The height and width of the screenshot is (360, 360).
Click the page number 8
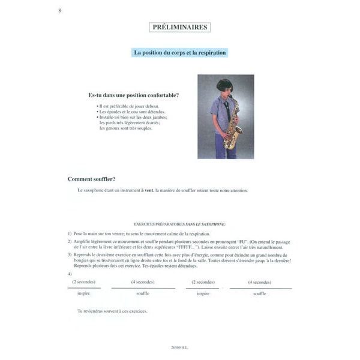59,11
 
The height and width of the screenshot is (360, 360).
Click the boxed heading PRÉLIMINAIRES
179,27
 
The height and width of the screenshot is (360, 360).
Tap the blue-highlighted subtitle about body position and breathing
180,53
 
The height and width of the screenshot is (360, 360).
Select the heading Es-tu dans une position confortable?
133,95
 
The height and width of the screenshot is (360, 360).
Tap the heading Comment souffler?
92,179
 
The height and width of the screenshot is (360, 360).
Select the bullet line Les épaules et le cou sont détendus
132,112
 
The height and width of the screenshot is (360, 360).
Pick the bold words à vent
146,190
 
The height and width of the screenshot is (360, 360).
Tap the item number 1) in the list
70,232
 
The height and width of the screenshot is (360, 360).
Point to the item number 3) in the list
70,254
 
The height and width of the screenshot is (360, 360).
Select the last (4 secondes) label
259,282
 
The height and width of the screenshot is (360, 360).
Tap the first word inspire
83,293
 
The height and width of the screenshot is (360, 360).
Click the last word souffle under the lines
259,293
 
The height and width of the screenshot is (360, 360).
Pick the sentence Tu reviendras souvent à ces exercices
112,311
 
